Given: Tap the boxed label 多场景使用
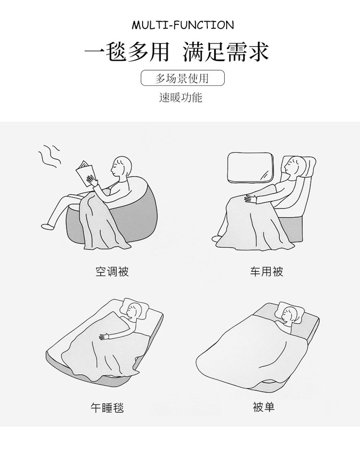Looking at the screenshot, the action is click(182, 78).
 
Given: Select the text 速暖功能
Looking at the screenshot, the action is click(180, 97).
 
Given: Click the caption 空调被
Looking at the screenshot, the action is click(112, 271).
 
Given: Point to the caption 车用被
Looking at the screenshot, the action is click(266, 271).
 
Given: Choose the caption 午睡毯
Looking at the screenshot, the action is click(107, 408).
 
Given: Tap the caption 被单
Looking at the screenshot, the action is click(264, 407).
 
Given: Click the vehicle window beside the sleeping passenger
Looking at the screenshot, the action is click(251, 167).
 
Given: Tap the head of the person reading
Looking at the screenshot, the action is click(122, 168).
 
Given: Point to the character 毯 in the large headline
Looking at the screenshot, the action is click(115, 52).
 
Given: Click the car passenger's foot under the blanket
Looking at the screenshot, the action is click(216, 239).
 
